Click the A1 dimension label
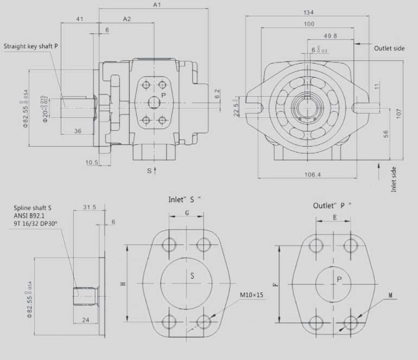[x=157, y=5]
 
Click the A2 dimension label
[x=127, y=19]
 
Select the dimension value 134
[x=308, y=12]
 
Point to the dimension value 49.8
[x=330, y=36]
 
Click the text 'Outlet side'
[x=389, y=48]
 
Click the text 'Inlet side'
[x=395, y=179]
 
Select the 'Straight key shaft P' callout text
[x=30, y=46]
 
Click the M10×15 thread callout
[x=252, y=295]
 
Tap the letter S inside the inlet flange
[x=192, y=275]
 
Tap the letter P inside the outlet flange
[x=339, y=279]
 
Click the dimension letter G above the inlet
[x=187, y=213]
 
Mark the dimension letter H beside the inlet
[x=123, y=283]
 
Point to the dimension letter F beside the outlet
[x=275, y=284]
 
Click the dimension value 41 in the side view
[x=80, y=19]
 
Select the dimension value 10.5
[x=91, y=162]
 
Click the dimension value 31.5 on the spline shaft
[x=90, y=207]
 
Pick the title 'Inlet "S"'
[x=185, y=199]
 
